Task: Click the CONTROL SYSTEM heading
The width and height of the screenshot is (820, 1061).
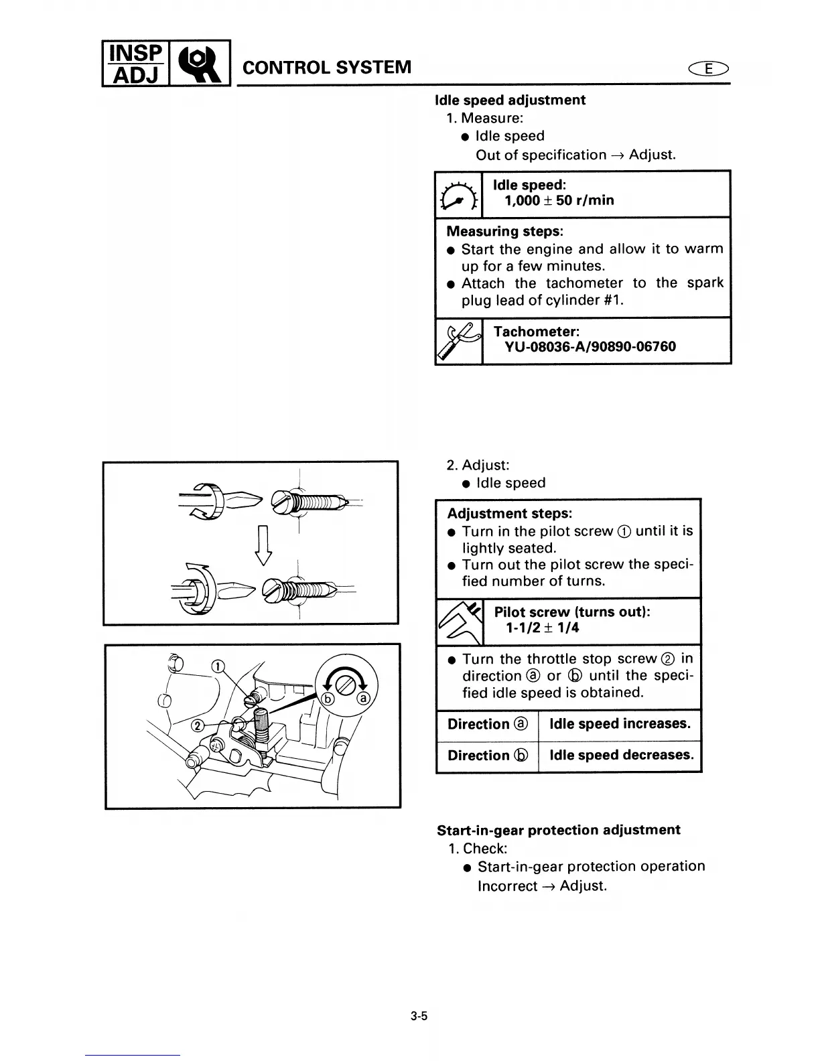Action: (326, 68)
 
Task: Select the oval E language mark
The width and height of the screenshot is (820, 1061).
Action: (711, 68)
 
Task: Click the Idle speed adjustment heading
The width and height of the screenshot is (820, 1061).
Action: (510, 100)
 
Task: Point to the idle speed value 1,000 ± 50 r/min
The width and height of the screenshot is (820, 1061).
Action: (559, 200)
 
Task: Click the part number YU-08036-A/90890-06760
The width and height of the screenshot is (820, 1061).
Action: (590, 347)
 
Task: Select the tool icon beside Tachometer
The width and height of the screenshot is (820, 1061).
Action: (459, 341)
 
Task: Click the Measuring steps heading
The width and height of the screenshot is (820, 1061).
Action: (504, 232)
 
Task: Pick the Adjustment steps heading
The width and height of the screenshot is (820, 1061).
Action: (509, 514)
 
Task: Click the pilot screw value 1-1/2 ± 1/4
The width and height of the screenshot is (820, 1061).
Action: (543, 628)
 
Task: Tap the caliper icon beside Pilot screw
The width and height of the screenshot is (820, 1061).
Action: (460, 622)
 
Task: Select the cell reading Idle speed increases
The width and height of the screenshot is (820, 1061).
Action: (620, 724)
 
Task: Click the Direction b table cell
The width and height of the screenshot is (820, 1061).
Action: (488, 756)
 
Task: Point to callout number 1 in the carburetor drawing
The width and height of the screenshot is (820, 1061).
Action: (218, 666)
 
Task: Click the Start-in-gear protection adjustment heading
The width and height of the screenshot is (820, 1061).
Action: (558, 831)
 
